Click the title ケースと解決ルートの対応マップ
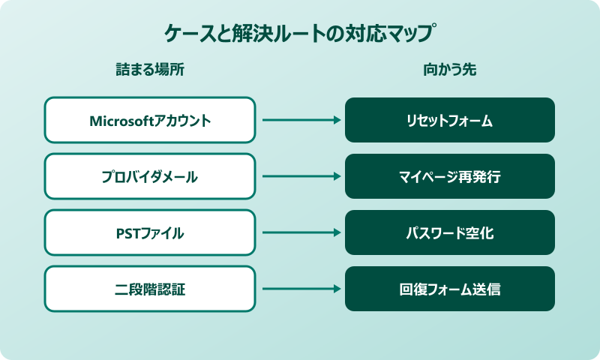click(x=300, y=34)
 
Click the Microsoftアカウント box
click(x=150, y=120)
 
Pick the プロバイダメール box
click(x=150, y=176)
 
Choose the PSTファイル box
click(x=150, y=232)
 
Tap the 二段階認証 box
click(x=150, y=289)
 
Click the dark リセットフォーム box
click(x=450, y=120)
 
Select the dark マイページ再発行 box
click(x=450, y=176)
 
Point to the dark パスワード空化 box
click(x=450, y=232)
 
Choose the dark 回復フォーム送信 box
click(x=450, y=289)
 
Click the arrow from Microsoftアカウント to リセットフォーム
click(x=300, y=120)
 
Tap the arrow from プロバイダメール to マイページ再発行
click(x=300, y=176)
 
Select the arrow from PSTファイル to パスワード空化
click(x=300, y=232)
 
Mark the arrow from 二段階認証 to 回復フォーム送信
click(x=300, y=289)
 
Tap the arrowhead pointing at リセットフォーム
click(x=337, y=120)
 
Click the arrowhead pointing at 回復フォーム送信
click(x=337, y=289)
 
